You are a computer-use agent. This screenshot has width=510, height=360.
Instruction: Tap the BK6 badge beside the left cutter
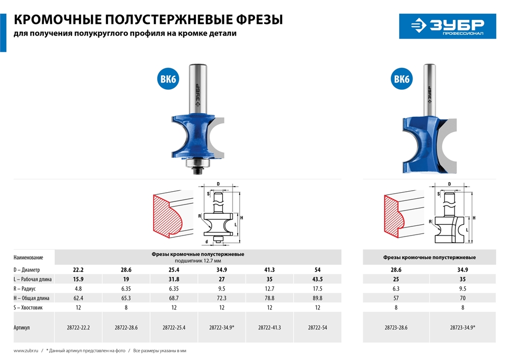tap(168, 79)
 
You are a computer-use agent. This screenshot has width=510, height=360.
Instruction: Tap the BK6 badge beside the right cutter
tap(402, 79)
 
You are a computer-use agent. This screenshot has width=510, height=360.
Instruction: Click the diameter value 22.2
tap(78, 270)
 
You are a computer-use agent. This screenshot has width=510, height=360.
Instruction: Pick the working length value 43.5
tap(317, 279)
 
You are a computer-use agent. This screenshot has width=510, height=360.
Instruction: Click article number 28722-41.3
tap(269, 328)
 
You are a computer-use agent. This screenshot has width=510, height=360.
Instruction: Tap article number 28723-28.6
tap(396, 328)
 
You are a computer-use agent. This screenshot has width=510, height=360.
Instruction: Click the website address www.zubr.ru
tap(24, 351)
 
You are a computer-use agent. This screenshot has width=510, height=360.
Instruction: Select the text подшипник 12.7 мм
tap(198, 260)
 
